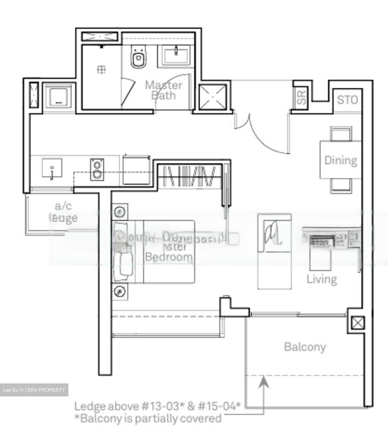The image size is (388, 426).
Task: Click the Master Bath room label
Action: pos(163,90)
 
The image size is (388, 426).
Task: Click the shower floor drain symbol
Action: pos(101,69)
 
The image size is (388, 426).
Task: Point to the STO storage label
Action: pos(347,100)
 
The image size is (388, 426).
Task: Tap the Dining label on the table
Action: pos(341,160)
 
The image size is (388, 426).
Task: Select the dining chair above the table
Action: pos(341,134)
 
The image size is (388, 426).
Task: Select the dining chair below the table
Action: pos(341,186)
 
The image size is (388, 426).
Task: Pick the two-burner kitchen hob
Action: pos(97,170)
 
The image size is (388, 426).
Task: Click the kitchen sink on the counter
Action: pos(52,169)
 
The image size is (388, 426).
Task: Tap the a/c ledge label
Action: pos(63,212)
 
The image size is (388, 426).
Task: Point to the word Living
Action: pos(322,279)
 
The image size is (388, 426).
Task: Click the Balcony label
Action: pos(305,347)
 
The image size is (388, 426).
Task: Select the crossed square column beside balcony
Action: pos(357,323)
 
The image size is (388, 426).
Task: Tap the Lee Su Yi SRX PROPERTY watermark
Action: pos(34,390)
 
